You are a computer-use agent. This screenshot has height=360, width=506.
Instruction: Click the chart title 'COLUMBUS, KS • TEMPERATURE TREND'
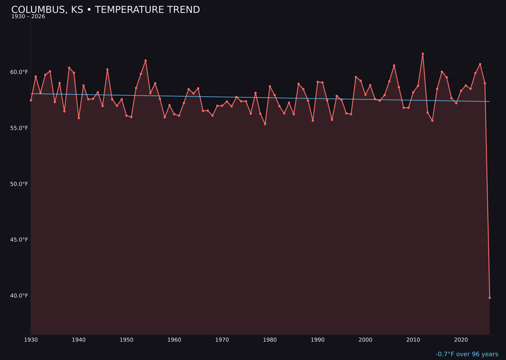105,10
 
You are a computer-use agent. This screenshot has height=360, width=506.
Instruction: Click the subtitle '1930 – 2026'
28,17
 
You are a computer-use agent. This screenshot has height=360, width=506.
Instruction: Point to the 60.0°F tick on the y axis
19,72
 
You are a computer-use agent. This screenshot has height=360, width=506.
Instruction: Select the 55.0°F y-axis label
19,128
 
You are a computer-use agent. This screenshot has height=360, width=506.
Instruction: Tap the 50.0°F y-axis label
19,184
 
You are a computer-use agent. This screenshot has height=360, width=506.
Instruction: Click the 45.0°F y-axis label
19,240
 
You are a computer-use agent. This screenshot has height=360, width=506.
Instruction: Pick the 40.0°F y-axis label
19,295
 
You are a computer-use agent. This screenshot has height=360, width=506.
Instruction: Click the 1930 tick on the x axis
31,340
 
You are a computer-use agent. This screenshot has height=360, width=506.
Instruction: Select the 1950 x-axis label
126,340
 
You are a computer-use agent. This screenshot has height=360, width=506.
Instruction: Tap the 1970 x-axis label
222,340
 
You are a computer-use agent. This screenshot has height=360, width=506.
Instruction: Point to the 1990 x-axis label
318,340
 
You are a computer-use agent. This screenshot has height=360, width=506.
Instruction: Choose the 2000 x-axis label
365,340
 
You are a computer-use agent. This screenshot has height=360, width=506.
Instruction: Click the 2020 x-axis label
461,340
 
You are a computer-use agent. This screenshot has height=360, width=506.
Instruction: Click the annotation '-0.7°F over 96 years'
467,354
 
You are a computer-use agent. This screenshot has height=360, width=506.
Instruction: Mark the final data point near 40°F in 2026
490,298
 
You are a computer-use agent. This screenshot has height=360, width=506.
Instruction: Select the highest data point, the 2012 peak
423,54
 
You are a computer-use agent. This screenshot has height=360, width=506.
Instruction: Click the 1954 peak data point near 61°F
146,60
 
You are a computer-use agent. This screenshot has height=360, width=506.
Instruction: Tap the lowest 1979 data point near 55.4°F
265,124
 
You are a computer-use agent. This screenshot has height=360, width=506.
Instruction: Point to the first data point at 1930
31,100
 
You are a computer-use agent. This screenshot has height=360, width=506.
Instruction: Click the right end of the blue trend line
490,101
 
